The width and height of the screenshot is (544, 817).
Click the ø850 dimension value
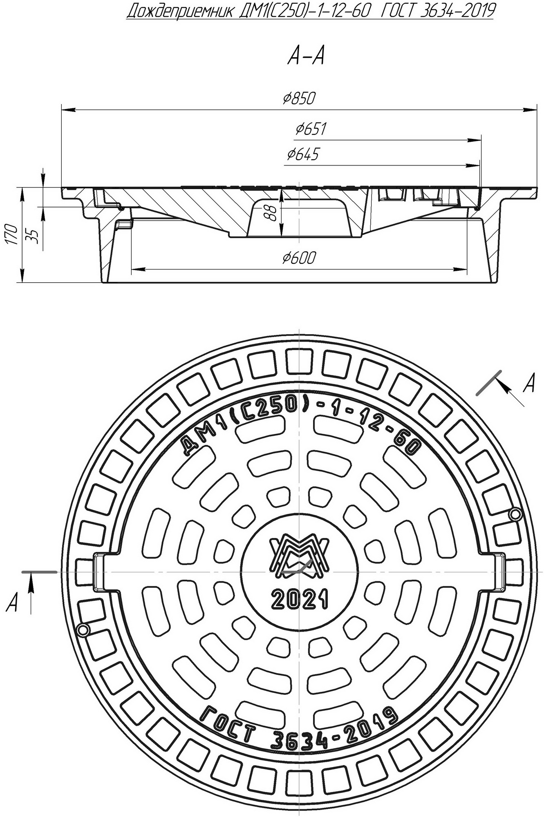tap(299, 98)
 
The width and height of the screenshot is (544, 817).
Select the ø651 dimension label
tap(311, 129)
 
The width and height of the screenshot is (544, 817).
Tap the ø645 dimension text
tap(302, 154)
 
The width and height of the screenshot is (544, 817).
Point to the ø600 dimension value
tap(299, 258)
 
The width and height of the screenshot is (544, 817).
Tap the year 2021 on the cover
tap(300, 600)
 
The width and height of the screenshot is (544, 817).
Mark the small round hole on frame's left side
tap(83, 630)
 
